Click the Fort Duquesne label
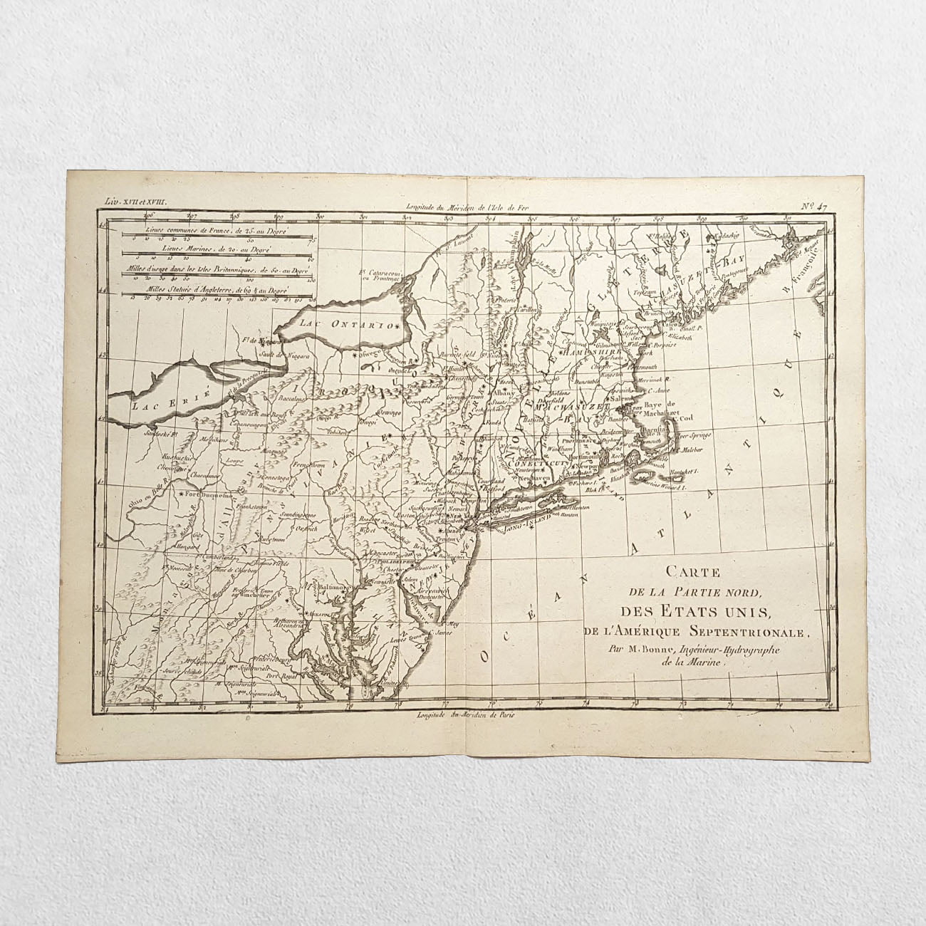207,494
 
